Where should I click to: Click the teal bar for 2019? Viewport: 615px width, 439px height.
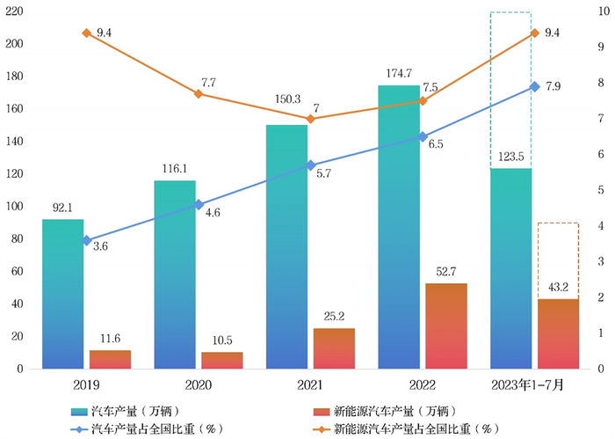coord(63,295)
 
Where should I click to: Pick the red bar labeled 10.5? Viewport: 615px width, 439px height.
coord(222,361)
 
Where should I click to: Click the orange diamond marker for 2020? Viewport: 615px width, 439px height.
coord(199,93)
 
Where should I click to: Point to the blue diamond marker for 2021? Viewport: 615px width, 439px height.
coord(310,165)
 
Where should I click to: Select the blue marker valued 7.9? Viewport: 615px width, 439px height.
coord(534,86)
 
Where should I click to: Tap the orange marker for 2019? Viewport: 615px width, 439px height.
coord(86,33)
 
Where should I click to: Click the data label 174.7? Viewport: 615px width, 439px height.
coord(399,75)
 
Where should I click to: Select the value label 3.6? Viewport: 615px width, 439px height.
coord(100,247)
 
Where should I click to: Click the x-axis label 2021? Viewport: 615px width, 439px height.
coord(310,385)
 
